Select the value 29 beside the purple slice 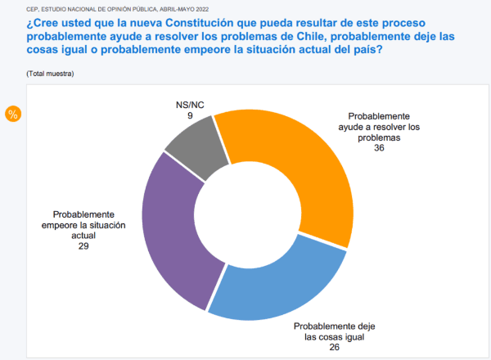(x=84, y=245)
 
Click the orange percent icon (x=12, y=114)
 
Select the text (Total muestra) (x=52, y=74)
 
